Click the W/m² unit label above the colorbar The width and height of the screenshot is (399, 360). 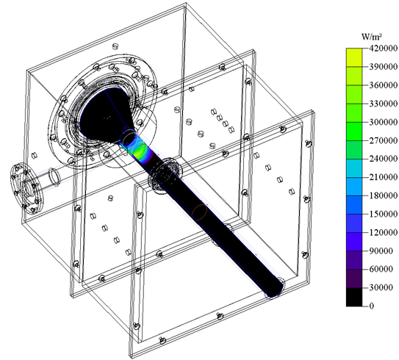tap(372, 37)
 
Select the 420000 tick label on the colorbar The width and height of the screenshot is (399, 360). tap(384, 48)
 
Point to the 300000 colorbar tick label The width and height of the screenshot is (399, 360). tap(384, 122)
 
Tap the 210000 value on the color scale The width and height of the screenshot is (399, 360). tap(384, 177)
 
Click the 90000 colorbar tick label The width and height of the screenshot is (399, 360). tap(381, 251)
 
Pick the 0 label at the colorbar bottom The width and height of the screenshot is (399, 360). tap(372, 306)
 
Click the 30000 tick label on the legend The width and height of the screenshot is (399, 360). tap(381, 287)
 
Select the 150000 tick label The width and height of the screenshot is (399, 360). tap(384, 214)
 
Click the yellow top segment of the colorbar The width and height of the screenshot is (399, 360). tap(353, 57)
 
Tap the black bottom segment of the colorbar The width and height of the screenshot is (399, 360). tap(353, 297)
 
